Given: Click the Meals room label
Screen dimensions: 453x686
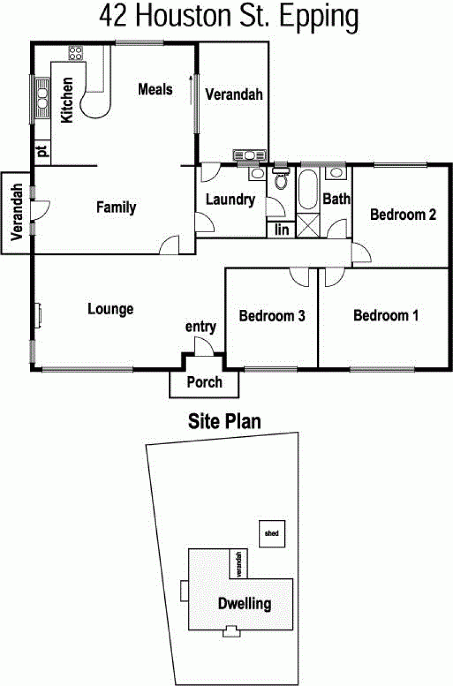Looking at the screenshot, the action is pyautogui.click(x=155, y=89).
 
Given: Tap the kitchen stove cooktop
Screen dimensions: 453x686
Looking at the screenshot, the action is pyautogui.click(x=76, y=53).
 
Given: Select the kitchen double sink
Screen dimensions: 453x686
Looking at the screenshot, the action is pyautogui.click(x=42, y=98).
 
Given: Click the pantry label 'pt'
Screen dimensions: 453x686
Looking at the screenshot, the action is pyautogui.click(x=42, y=151).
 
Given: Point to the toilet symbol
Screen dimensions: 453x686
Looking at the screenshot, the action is pyautogui.click(x=281, y=178).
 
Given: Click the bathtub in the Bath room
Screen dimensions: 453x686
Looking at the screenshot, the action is pyautogui.click(x=307, y=190).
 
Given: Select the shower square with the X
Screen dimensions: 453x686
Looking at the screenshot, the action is pyautogui.click(x=308, y=225).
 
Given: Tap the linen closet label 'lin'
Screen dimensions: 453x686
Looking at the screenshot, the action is pyautogui.click(x=281, y=229).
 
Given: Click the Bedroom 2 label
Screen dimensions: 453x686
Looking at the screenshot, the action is pyautogui.click(x=403, y=214).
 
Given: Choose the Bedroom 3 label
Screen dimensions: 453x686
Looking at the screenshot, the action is pyautogui.click(x=272, y=316).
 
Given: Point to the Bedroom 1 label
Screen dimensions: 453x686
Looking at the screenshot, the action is pyautogui.click(x=386, y=316).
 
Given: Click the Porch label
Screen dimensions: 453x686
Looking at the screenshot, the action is pyautogui.click(x=204, y=382).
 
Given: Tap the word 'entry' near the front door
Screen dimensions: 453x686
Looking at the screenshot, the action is pyautogui.click(x=200, y=327).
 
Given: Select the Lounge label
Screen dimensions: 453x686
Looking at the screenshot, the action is pyautogui.click(x=110, y=309).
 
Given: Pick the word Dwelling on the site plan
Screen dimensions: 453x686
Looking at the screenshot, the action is pyautogui.click(x=245, y=604).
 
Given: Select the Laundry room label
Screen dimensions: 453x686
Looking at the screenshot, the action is pyautogui.click(x=230, y=199).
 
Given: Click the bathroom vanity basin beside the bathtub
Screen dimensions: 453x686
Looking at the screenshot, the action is pyautogui.click(x=336, y=173).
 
